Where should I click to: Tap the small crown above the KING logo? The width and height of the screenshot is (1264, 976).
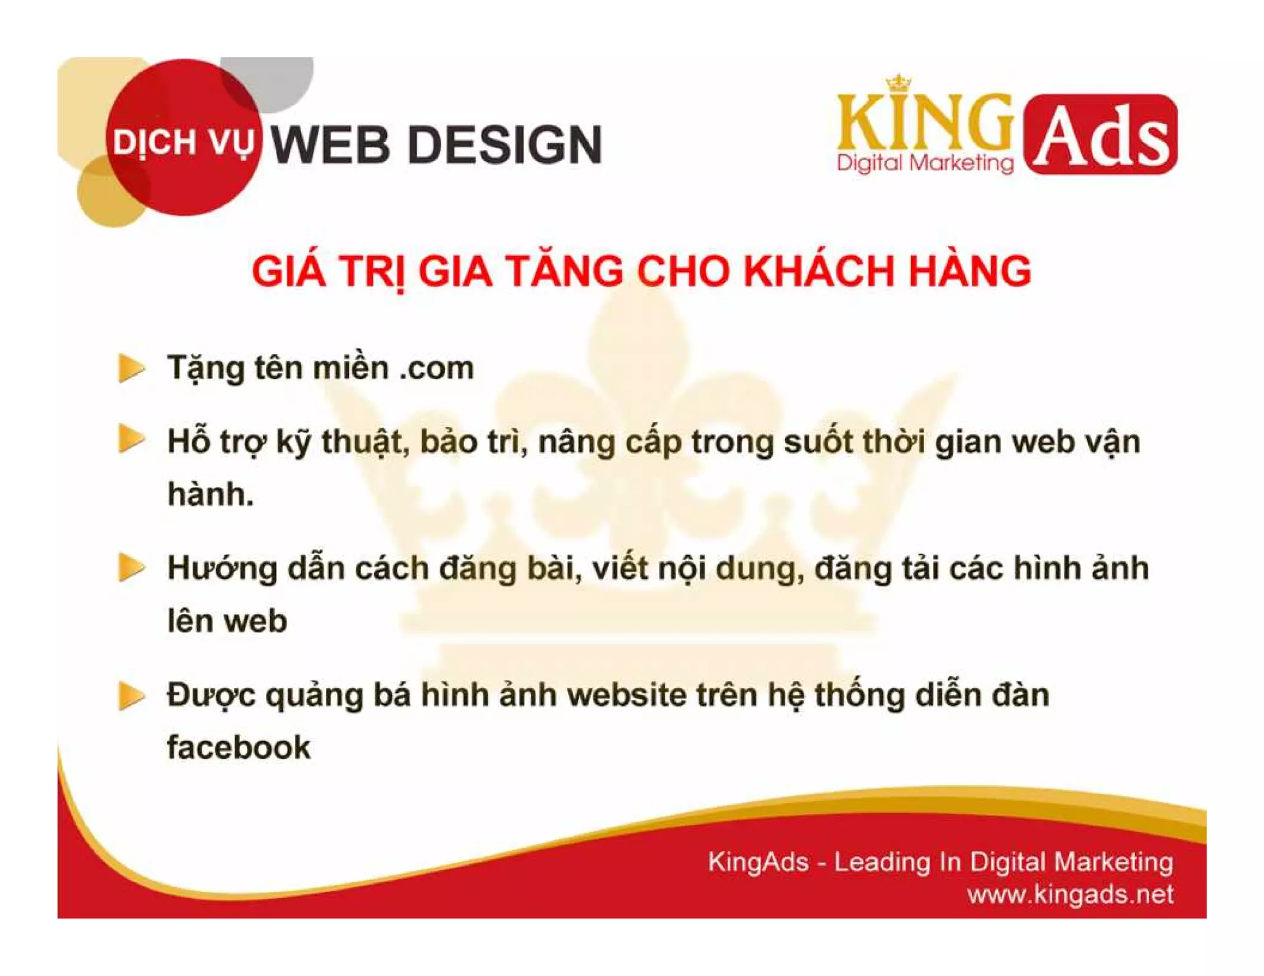pos(899,83)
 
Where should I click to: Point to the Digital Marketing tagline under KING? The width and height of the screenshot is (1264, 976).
pos(925,163)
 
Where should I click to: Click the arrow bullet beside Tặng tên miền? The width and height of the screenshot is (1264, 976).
pos(130,368)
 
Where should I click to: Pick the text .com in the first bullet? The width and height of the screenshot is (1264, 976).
pos(436,368)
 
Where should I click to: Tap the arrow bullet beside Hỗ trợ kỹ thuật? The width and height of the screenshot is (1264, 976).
pos(130,439)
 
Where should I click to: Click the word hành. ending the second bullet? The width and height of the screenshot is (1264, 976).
pos(210,494)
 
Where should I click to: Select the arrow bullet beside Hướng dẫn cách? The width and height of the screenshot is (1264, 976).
pos(130,567)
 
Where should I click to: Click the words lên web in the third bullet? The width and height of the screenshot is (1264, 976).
pos(227,621)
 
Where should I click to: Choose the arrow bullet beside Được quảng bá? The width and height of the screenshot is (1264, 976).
pos(130,696)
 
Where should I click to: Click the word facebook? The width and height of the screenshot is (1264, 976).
pos(239,748)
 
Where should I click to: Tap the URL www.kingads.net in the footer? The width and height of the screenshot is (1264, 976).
pos(1070,894)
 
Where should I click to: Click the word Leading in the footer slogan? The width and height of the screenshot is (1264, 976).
pos(882,862)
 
